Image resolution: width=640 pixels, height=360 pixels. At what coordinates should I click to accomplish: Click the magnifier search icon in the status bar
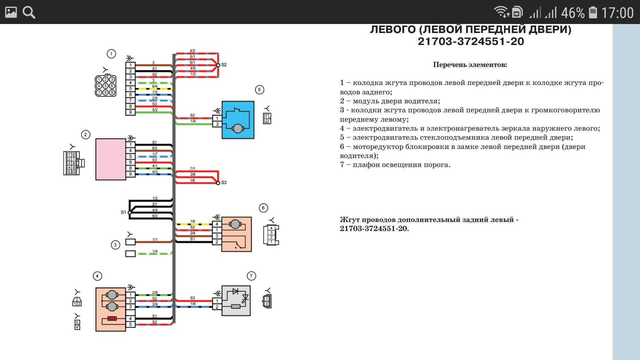coord(29,12)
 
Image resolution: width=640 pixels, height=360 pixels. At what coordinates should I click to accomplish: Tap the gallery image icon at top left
coord(11,12)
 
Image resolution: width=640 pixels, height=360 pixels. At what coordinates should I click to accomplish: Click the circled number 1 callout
coord(111,54)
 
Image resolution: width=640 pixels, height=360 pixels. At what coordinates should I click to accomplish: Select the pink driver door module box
coord(111,159)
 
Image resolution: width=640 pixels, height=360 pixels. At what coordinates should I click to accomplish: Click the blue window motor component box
coord(238,120)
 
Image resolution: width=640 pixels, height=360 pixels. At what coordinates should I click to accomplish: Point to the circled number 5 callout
coord(259,90)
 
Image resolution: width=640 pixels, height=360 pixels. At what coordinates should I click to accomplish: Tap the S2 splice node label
coord(224,65)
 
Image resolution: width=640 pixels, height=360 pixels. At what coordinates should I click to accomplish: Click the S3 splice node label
coord(224,183)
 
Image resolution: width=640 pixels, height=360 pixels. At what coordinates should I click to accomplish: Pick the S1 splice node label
coord(123,212)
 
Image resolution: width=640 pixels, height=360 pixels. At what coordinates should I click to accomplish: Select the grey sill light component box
coord(236,301)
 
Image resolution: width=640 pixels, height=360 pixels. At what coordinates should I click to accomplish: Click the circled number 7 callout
coord(251,276)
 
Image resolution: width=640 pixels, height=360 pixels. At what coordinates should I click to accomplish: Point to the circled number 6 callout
coord(263,208)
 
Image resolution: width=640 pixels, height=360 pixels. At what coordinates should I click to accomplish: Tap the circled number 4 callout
coord(97,276)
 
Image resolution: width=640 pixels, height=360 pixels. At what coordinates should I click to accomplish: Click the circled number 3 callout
coord(115,245)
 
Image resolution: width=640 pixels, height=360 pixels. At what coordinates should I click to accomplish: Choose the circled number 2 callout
coord(86,135)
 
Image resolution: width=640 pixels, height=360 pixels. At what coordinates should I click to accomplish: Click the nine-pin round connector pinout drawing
coord(105,86)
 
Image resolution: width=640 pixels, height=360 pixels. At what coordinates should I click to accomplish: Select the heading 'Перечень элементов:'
coord(470,65)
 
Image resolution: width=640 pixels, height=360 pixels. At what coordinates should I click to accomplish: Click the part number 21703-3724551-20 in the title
coord(471,41)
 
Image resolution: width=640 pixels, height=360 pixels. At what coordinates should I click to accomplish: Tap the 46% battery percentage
coord(573,13)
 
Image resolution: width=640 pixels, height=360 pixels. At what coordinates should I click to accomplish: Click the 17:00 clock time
coord(617,13)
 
